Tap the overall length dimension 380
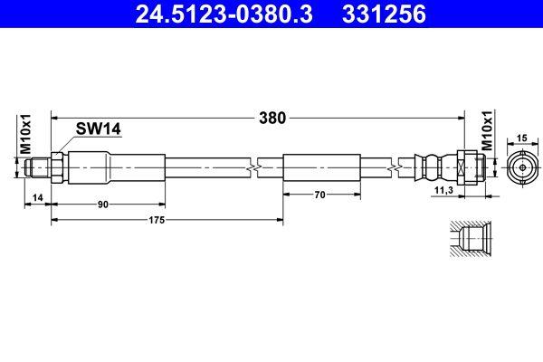click(x=272, y=117)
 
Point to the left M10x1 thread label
click(x=26, y=135)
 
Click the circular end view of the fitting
click(x=521, y=168)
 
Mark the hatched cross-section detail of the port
click(x=470, y=241)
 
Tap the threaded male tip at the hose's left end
click(x=37, y=168)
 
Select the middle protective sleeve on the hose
click(x=322, y=168)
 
